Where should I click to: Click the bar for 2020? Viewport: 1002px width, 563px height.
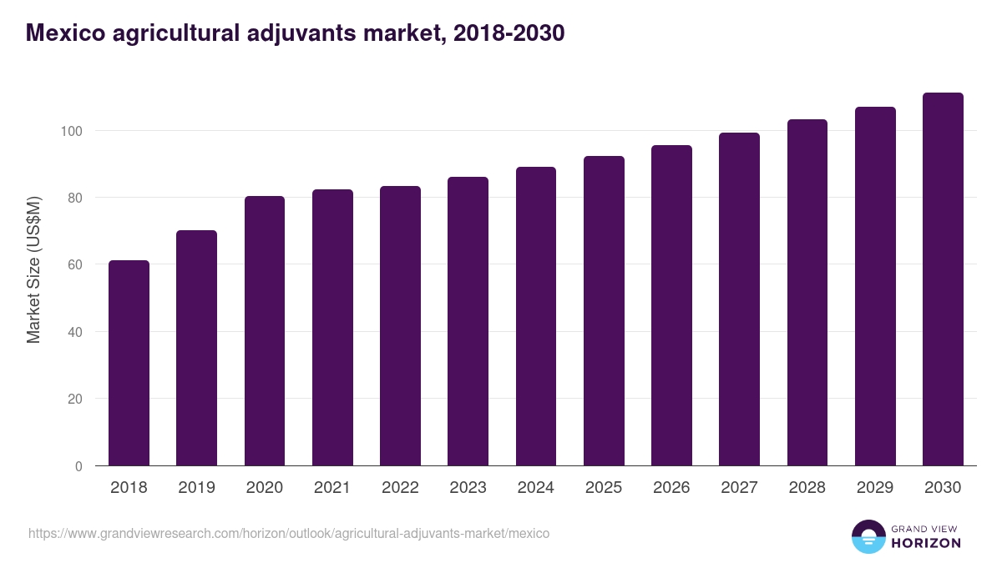pyautogui.click(x=265, y=331)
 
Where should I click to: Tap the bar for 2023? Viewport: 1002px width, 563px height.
pyautogui.click(x=468, y=321)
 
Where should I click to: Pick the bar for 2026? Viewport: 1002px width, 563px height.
pyautogui.click(x=671, y=305)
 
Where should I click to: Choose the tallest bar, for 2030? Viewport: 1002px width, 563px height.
pyautogui.click(x=943, y=279)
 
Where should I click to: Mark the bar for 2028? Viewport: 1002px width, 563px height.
pyautogui.click(x=807, y=293)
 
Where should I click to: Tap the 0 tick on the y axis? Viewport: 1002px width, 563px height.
pyautogui.click(x=78, y=466)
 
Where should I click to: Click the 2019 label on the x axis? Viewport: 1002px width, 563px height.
pyautogui.click(x=197, y=488)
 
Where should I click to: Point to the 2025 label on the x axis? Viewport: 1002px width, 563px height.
pyautogui.click(x=604, y=488)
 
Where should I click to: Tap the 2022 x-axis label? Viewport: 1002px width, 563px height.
pyautogui.click(x=400, y=488)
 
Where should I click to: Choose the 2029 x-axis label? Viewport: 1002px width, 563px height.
pyautogui.click(x=875, y=488)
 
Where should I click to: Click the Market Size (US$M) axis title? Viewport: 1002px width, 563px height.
pyautogui.click(x=33, y=269)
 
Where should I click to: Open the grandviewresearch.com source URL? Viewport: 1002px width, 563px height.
pyautogui.click(x=289, y=533)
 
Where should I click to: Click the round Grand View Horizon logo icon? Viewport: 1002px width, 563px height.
pyautogui.click(x=868, y=536)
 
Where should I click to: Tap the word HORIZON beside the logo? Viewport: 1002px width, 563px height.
pyautogui.click(x=926, y=543)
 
